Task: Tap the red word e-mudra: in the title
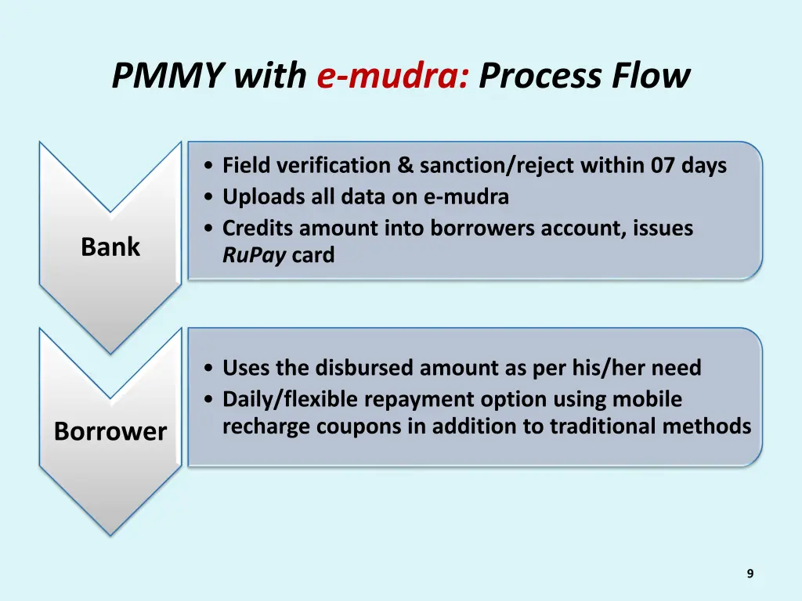pyautogui.click(x=393, y=77)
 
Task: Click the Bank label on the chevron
pyautogui.click(x=110, y=247)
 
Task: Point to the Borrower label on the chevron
pyautogui.click(x=110, y=431)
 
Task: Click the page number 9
pyautogui.click(x=750, y=574)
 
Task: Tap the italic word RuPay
pyautogui.click(x=254, y=255)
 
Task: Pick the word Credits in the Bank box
pyautogui.click(x=258, y=229)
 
